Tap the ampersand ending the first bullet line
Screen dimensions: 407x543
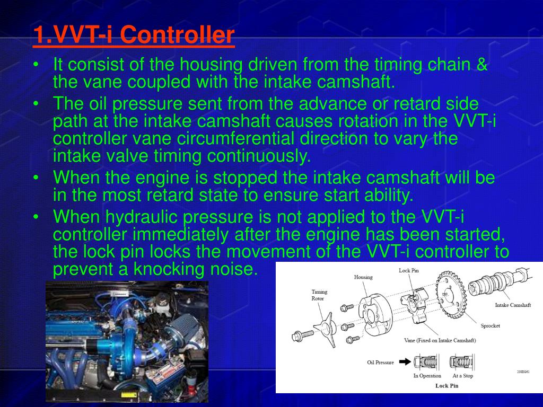click(x=481, y=66)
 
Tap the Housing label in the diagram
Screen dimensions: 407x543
click(x=363, y=277)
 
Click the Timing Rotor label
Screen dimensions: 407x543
click(x=318, y=295)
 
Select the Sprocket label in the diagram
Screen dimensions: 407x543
click(x=490, y=326)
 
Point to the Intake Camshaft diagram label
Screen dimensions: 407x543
click(x=512, y=305)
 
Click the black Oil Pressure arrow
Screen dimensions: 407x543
click(x=405, y=362)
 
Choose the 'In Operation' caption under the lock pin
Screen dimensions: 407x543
click(x=427, y=376)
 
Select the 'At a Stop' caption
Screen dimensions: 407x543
click(x=462, y=376)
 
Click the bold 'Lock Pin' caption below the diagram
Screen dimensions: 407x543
click(x=446, y=385)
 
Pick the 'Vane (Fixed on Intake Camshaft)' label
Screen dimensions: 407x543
click(x=440, y=340)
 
